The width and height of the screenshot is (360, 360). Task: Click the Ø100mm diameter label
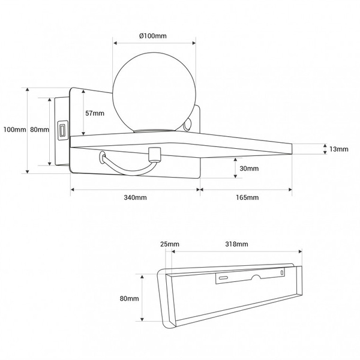(153, 36)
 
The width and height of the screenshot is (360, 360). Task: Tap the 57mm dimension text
(95, 113)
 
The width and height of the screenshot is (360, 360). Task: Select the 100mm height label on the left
(14, 130)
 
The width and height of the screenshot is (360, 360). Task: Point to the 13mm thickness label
(339, 149)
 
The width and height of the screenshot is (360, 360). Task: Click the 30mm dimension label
(249, 169)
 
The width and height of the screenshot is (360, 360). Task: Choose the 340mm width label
(135, 197)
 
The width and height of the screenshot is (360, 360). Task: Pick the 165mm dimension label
(247, 197)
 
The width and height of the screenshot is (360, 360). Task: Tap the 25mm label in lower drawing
(170, 244)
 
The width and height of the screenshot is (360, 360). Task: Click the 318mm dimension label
(236, 244)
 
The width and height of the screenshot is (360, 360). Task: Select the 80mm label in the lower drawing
(129, 298)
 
